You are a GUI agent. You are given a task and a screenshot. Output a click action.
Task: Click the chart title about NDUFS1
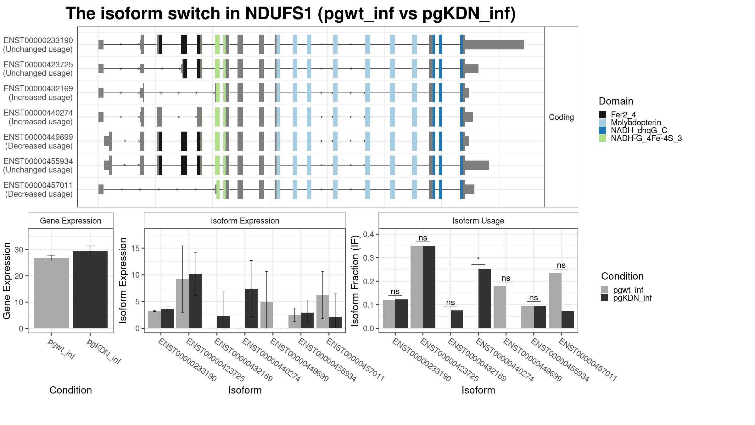tap(291, 14)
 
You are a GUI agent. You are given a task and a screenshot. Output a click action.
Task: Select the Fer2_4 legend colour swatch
tap(602, 115)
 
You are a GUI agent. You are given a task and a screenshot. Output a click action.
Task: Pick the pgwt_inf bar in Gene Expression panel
tap(51, 293)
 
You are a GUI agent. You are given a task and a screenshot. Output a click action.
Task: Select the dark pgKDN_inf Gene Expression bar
tap(90, 290)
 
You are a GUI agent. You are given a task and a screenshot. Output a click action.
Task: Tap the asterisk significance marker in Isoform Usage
tap(478, 259)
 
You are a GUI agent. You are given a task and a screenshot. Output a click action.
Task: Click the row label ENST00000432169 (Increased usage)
tap(38, 93)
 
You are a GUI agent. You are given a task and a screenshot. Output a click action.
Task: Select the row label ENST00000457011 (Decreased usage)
tap(38, 190)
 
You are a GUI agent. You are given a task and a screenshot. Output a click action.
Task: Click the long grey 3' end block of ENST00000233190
tap(495, 45)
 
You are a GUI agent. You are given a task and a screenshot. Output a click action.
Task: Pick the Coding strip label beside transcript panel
tap(561, 117)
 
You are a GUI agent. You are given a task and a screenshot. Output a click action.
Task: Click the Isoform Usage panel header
tap(478, 221)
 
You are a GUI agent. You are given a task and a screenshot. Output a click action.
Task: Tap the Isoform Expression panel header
tap(245, 221)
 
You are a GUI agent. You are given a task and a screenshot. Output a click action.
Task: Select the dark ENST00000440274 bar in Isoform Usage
tap(484, 298)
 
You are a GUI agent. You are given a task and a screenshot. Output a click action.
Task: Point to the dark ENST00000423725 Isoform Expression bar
tap(195, 301)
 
